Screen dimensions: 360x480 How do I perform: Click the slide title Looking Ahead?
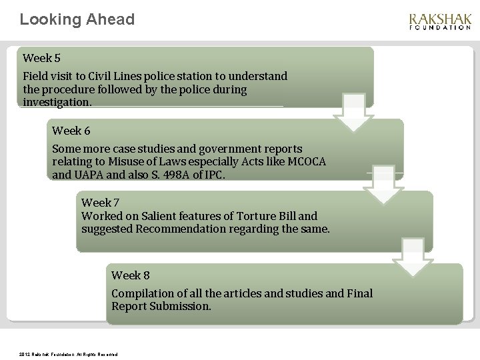(x=77, y=19)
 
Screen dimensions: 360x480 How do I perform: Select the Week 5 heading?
(x=41, y=58)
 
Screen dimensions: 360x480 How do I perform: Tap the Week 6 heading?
(x=71, y=130)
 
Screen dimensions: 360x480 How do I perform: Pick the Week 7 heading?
(x=100, y=202)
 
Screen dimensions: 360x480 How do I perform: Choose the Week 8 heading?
(x=130, y=275)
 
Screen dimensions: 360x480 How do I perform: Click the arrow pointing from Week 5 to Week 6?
(x=354, y=113)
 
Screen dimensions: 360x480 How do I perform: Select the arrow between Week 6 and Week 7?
(x=383, y=185)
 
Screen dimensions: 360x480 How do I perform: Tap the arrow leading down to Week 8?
(x=413, y=257)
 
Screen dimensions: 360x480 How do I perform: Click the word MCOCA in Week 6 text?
(x=305, y=162)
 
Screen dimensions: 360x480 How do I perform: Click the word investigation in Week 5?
(x=57, y=102)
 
